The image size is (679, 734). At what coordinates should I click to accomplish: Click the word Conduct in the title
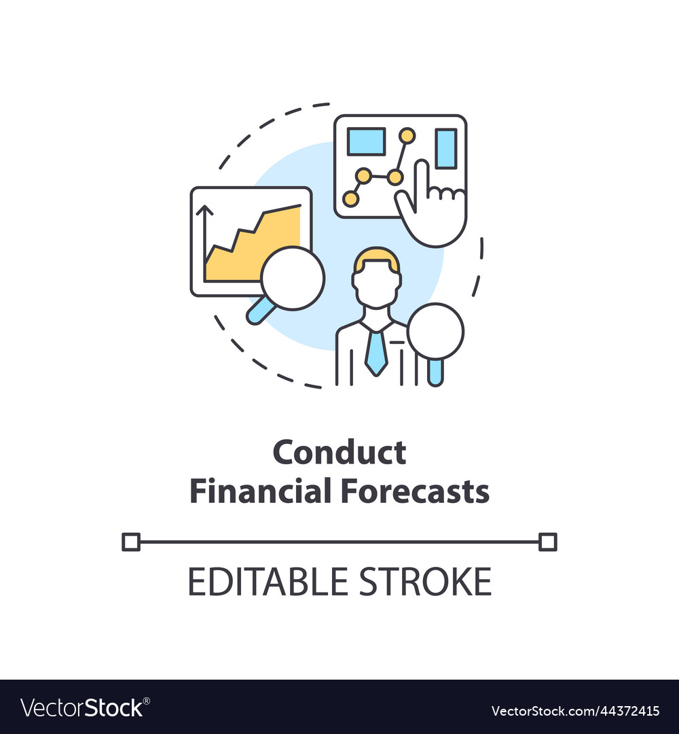[x=339, y=453]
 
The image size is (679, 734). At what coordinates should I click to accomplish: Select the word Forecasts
[x=415, y=491]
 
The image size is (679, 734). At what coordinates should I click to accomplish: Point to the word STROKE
[x=425, y=581]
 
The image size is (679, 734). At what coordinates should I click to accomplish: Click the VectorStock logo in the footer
[x=85, y=707]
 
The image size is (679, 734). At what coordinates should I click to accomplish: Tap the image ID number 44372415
[x=626, y=711]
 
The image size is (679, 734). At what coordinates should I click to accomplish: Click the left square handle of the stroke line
[x=131, y=542]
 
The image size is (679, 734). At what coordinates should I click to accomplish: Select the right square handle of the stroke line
[x=547, y=542]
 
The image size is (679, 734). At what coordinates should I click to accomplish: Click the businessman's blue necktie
[x=376, y=352]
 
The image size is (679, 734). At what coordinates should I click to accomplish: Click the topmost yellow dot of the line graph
[x=407, y=136]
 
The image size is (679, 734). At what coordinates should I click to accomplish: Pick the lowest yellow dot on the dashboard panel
[x=350, y=198]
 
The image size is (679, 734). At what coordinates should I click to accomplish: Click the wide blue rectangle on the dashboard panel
[x=366, y=141]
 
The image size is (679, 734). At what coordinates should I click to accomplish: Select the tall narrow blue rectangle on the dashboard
[x=446, y=148]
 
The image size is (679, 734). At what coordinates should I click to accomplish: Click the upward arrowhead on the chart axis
[x=204, y=210]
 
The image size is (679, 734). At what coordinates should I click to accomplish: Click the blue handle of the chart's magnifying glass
[x=260, y=311]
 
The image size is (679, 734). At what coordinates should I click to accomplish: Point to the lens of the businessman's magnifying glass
[x=435, y=332]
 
